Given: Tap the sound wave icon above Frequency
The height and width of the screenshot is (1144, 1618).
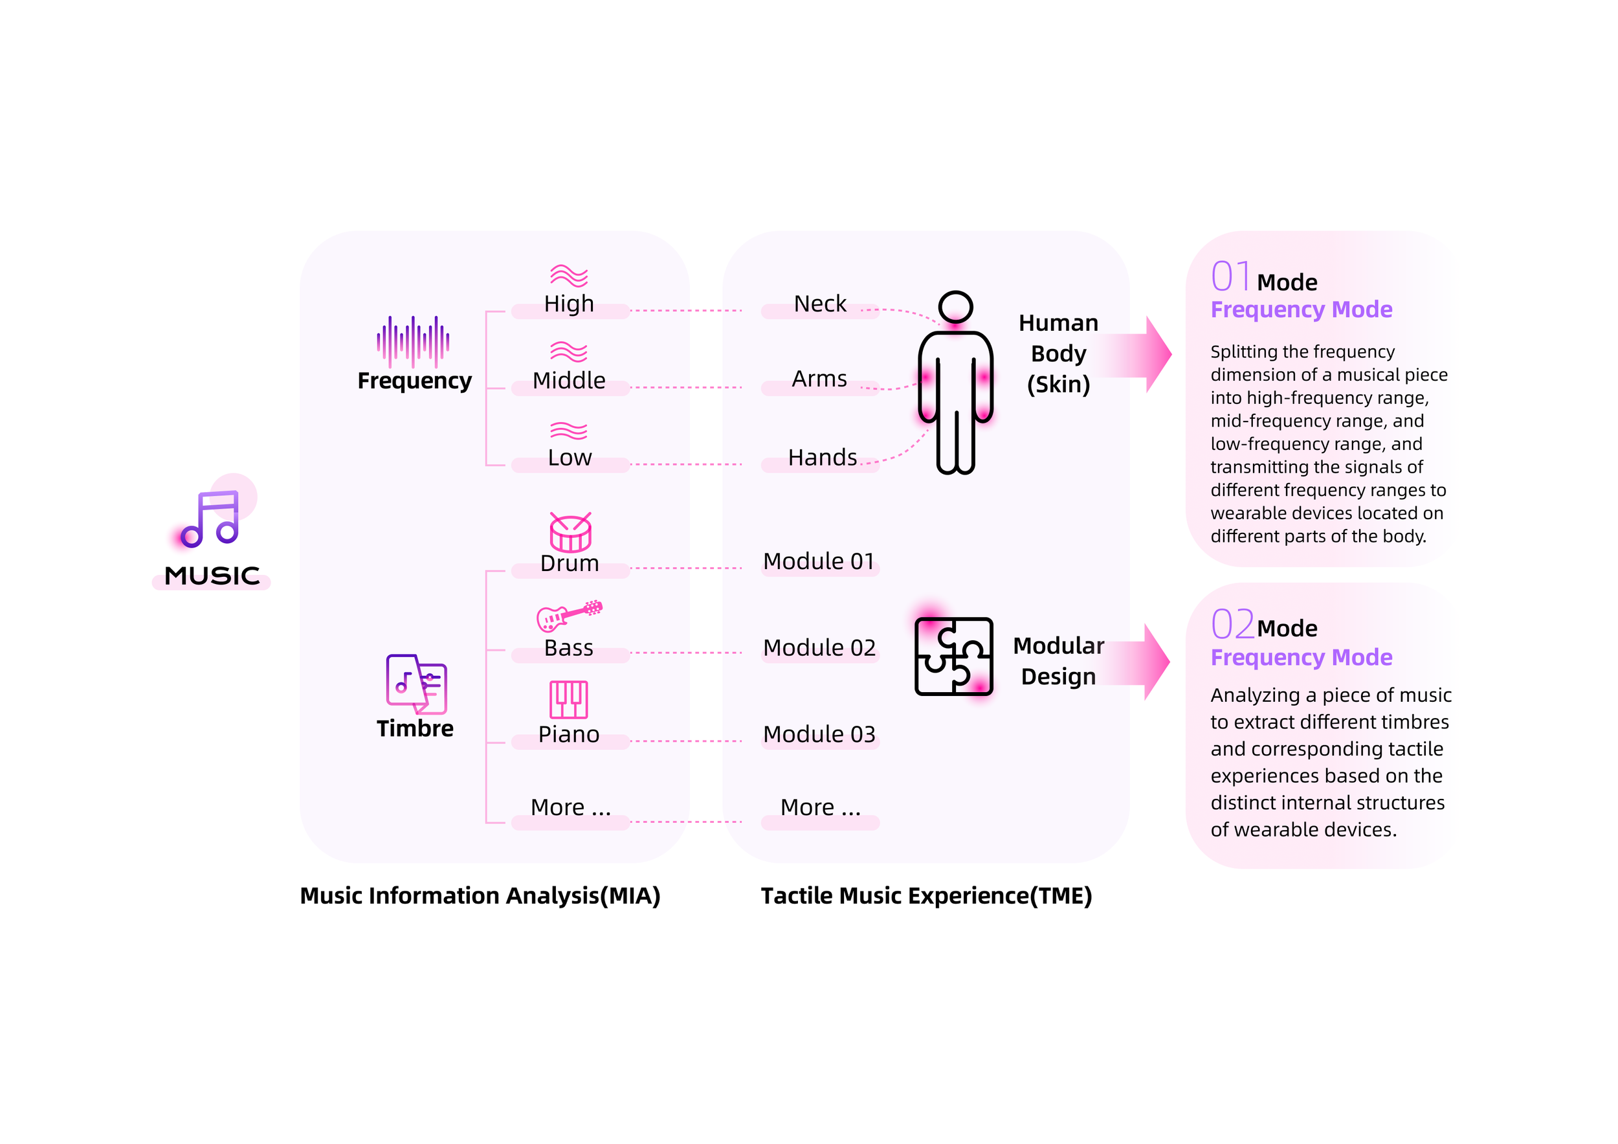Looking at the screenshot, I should pos(413,342).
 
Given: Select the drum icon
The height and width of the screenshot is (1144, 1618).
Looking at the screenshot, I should pos(570,532).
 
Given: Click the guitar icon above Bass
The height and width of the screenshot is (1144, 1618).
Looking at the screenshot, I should pos(570,615).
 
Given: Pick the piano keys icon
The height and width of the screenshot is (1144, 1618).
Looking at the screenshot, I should pos(569,699).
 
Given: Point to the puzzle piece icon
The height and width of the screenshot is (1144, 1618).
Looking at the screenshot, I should pos(953,656).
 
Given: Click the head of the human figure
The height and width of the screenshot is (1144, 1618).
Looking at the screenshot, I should pos(955,308).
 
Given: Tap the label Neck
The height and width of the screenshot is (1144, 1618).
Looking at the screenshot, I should pos(819,304).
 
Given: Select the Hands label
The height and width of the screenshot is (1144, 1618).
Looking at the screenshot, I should pos(823,458).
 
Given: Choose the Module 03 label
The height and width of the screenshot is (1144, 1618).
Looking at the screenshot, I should pos(819,734).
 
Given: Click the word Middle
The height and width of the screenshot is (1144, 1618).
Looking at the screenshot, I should pos(569,381).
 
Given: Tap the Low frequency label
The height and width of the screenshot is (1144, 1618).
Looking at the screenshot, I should pos(570,458).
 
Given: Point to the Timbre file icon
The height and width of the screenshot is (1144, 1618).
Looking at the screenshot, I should pos(416,684).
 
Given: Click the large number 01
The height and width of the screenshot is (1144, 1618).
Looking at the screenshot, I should pos(1230,276).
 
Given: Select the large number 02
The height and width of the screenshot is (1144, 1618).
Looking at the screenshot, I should pos(1232,624).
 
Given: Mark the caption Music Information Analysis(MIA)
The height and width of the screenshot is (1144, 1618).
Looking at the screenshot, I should pos(480,896).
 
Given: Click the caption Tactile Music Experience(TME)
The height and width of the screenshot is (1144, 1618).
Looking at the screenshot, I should pos(926,896).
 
